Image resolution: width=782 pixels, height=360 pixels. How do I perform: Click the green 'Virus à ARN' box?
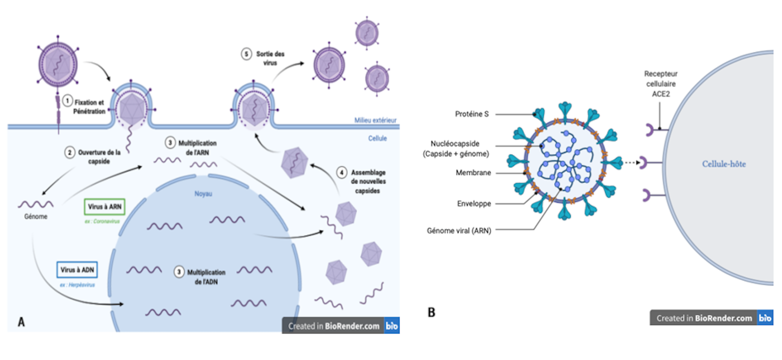(105, 207)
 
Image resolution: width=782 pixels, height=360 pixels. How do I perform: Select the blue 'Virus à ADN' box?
(77, 270)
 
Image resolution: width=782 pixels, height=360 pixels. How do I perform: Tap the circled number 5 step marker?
(246, 54)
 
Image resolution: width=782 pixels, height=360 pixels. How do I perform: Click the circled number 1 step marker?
(68, 101)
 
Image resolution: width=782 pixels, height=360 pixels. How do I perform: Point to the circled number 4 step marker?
(342, 173)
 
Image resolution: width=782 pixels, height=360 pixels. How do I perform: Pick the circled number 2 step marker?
(70, 153)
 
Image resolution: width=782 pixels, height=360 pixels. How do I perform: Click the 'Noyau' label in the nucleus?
(203, 194)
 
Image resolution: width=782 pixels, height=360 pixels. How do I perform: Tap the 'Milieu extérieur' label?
(375, 120)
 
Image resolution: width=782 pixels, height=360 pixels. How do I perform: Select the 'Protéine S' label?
(472, 114)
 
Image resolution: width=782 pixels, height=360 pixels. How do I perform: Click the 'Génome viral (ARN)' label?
(459, 230)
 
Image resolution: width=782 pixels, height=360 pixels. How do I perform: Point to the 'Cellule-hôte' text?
(724, 164)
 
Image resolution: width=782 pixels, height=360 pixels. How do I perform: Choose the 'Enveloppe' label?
(474, 204)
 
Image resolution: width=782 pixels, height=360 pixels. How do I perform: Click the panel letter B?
(431, 312)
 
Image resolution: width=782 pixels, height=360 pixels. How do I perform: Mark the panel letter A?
(21, 322)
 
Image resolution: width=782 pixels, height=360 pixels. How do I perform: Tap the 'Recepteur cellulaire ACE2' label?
(661, 84)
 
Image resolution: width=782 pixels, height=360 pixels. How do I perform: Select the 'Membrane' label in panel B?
(473, 173)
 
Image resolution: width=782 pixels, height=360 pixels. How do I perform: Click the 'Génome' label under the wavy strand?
(36, 217)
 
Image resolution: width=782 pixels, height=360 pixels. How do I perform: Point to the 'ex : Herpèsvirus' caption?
(77, 285)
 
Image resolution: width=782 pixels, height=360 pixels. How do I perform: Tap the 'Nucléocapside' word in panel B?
(455, 144)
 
